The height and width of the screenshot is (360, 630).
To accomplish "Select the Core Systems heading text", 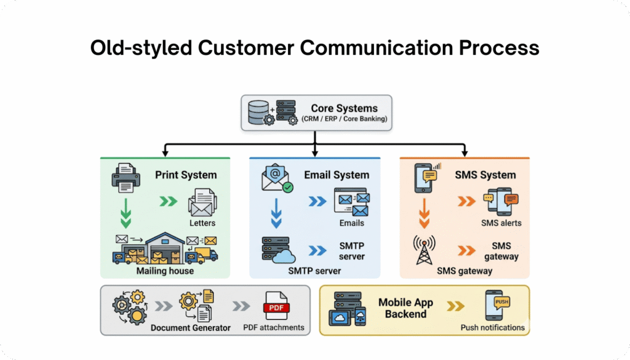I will point(344,108).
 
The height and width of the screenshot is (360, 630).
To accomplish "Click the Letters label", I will point(202,222).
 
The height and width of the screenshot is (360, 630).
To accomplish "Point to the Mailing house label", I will point(165,270).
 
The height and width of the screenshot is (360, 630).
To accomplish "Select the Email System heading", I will point(336,175).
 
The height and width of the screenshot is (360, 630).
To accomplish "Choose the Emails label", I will point(351,223).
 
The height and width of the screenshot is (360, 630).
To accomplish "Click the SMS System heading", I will point(486,175).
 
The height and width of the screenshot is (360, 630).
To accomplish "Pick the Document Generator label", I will point(190,328).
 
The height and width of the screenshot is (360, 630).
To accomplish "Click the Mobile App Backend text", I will point(405,308).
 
